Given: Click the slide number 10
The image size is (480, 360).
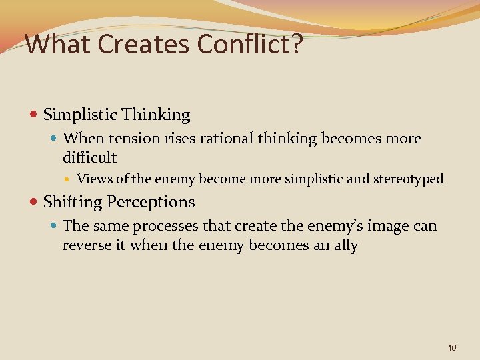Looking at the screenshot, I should click(x=453, y=347).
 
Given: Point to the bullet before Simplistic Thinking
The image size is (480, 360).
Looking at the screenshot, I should click(x=35, y=115).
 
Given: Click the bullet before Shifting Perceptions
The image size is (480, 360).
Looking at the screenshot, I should click(x=35, y=202).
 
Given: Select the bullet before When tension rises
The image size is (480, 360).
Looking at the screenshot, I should click(x=55, y=139).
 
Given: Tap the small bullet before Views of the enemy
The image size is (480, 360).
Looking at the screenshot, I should click(x=69, y=179).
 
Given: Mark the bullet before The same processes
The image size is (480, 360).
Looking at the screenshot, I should click(x=55, y=226).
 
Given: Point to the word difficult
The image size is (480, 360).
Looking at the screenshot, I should click(x=89, y=158).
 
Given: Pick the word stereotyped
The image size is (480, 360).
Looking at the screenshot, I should click(x=411, y=179).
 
